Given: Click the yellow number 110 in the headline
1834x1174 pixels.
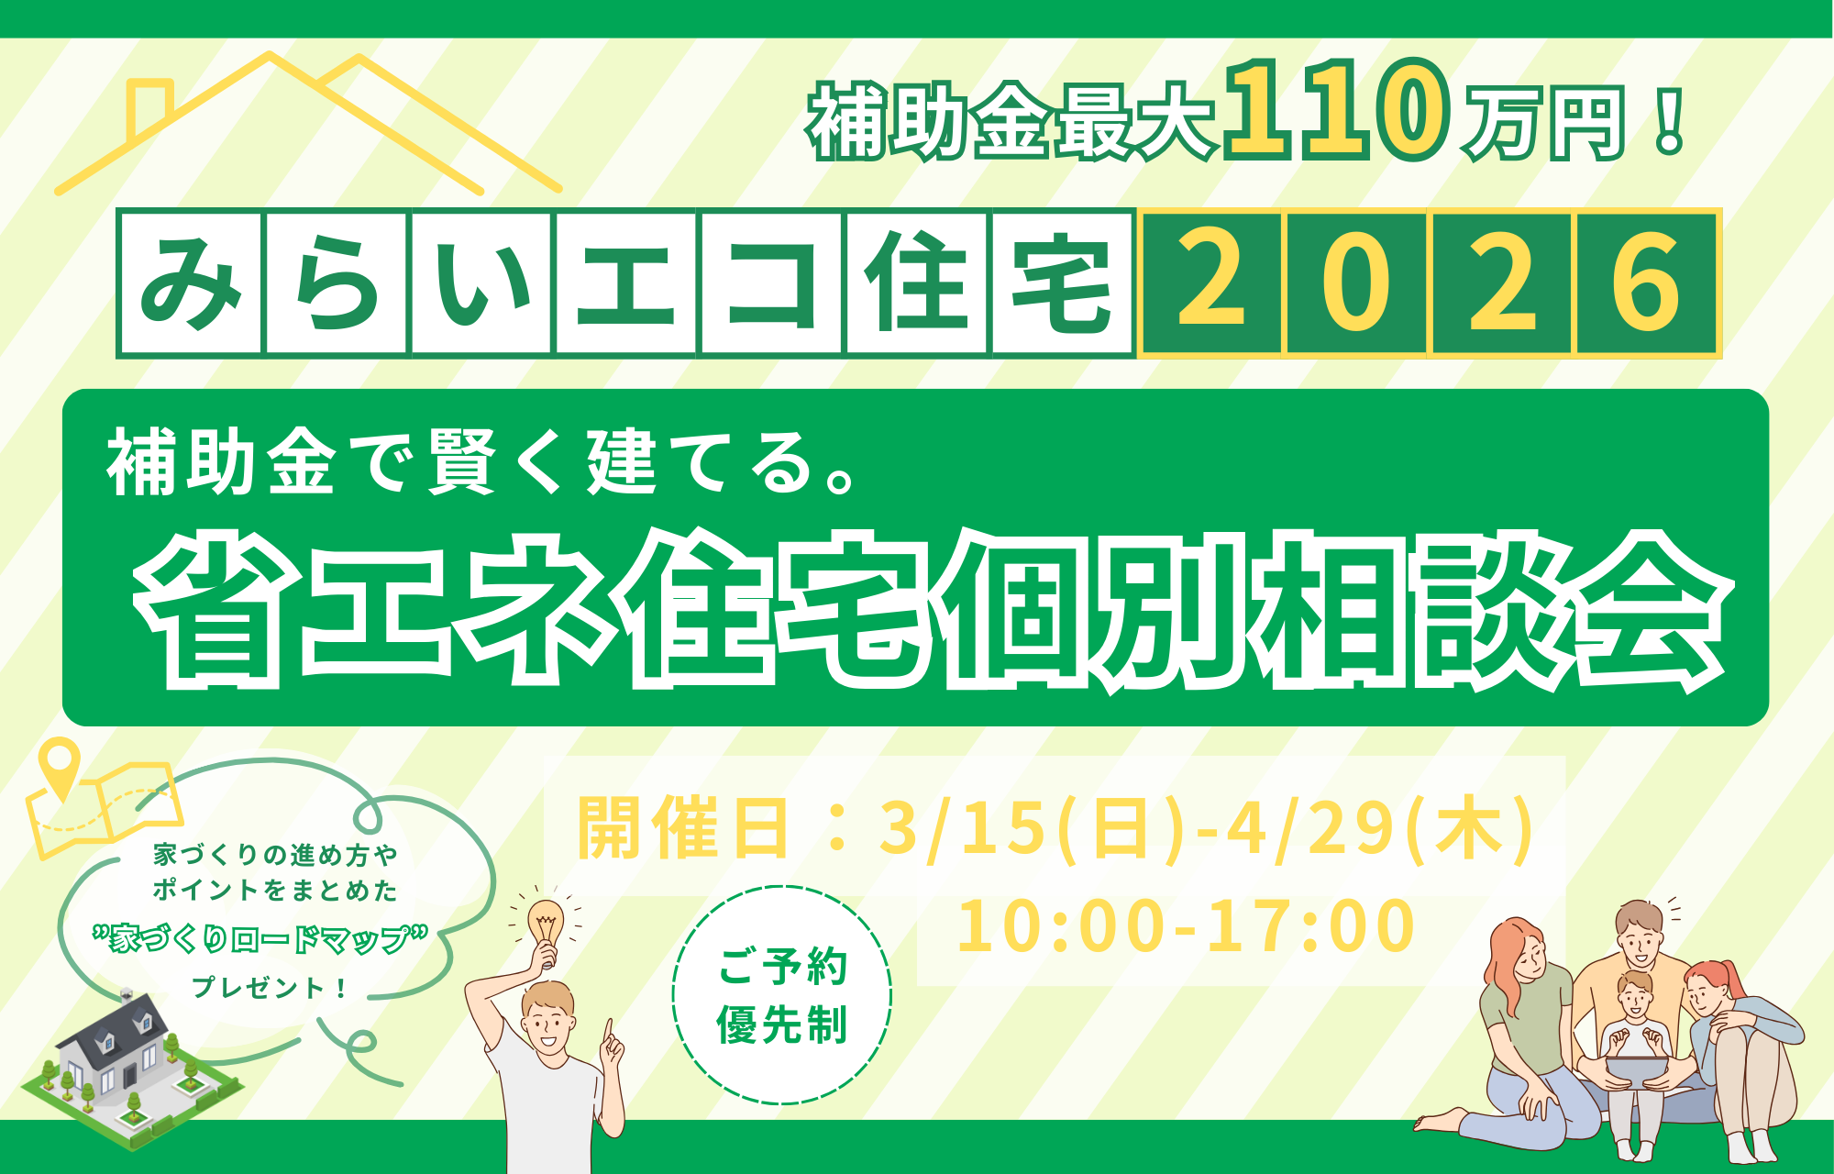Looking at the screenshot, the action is coord(1337,110).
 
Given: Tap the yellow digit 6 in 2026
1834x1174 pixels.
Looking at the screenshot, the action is coord(1647,282).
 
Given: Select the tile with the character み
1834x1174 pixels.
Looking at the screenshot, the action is coord(191,282).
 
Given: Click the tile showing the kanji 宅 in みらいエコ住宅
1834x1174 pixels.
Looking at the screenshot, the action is coord(1062,282).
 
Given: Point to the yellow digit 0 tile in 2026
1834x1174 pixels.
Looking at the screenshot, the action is coord(1356,282).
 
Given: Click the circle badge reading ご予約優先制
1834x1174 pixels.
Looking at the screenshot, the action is coord(782,995).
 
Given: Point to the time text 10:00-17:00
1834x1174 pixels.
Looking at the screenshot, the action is coord(1186,926).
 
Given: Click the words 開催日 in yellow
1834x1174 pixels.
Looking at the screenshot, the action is coord(683,828).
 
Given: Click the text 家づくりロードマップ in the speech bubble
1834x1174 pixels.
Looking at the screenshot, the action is coord(260,938).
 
